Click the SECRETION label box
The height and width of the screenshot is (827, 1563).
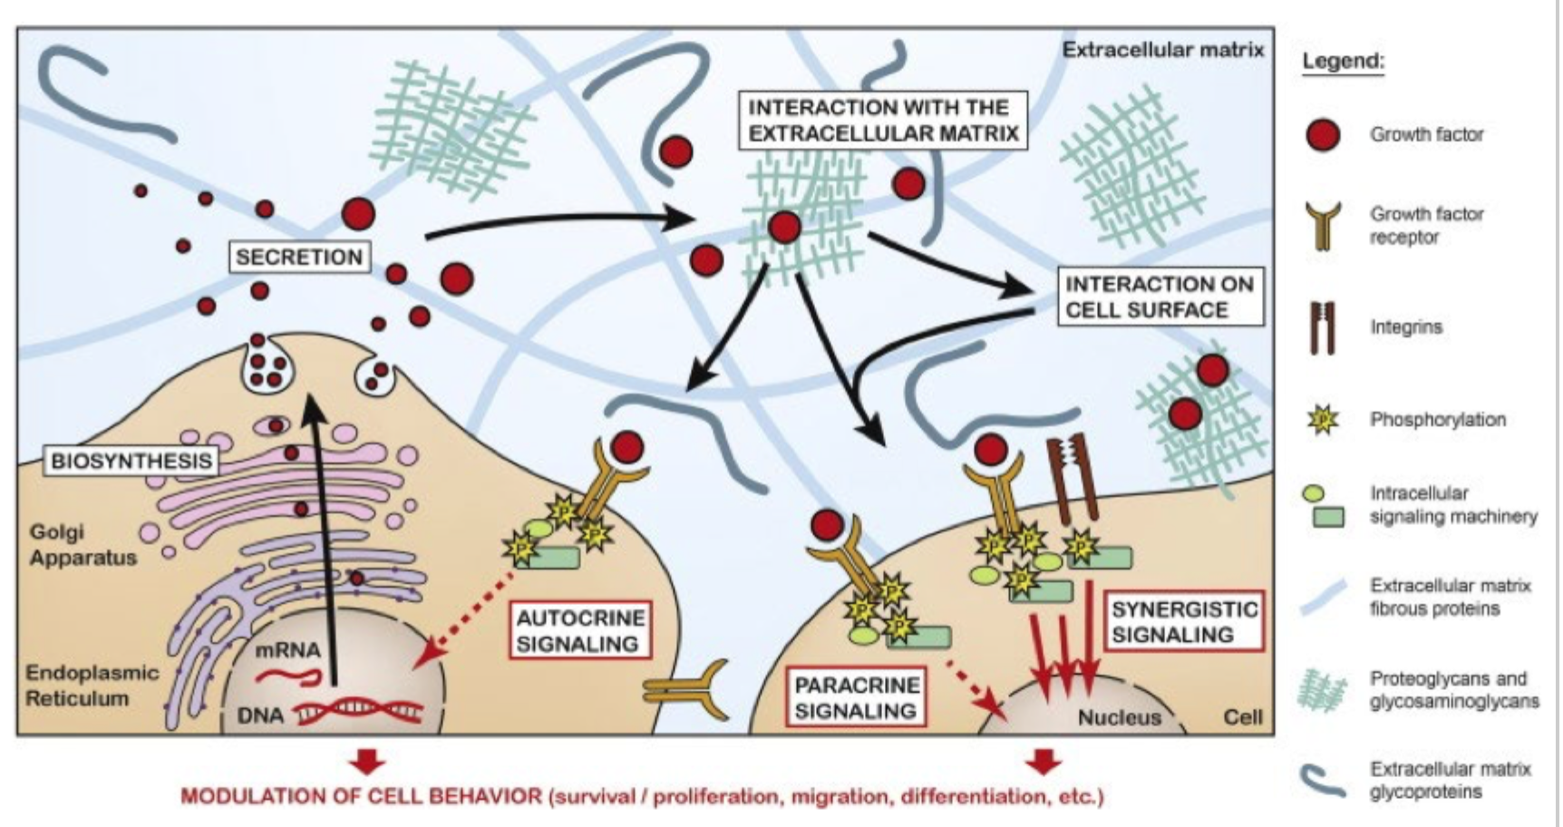click(x=299, y=257)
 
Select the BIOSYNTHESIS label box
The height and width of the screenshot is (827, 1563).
click(x=131, y=461)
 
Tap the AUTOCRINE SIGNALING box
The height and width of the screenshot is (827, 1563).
click(x=580, y=630)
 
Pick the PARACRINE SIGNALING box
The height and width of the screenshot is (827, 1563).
click(x=857, y=697)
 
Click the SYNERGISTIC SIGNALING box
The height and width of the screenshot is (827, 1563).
click(x=1184, y=621)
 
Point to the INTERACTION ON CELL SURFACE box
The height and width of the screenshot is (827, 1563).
click(x=1160, y=297)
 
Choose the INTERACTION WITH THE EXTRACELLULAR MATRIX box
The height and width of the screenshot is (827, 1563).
click(x=883, y=120)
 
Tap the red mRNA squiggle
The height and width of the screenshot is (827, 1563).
click(x=288, y=676)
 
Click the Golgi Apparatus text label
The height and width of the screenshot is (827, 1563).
click(x=83, y=544)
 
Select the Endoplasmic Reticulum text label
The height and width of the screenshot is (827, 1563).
click(x=91, y=686)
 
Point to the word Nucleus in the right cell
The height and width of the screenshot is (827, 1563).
click(x=1119, y=717)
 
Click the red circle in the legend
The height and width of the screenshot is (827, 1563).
click(x=1323, y=135)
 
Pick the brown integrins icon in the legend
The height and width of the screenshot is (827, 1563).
click(x=1323, y=327)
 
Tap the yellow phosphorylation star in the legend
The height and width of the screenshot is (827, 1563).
click(x=1324, y=420)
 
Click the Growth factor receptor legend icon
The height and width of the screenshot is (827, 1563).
click(x=1323, y=225)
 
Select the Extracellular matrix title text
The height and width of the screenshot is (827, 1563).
click(x=1162, y=50)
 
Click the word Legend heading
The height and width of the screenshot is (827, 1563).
click(x=1343, y=62)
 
